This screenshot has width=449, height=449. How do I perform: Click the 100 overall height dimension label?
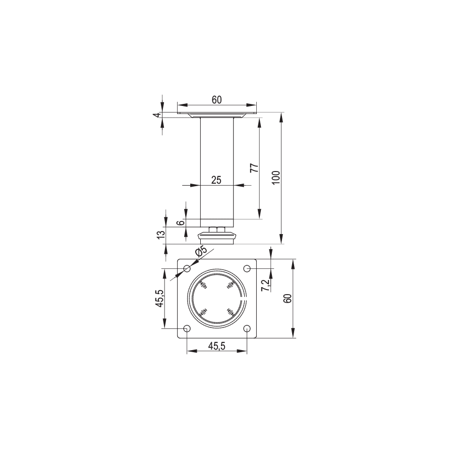(x=276, y=178)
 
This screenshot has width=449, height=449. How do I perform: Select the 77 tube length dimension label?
(x=254, y=168)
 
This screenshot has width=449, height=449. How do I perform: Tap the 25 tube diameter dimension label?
(x=216, y=180)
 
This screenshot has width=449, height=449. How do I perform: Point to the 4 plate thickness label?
(x=156, y=115)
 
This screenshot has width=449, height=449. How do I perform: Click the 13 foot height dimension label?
(x=161, y=234)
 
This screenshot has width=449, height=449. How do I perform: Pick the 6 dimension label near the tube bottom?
(x=181, y=222)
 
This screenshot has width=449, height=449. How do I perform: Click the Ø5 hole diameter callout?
(x=201, y=251)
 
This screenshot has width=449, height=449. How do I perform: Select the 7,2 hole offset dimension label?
(x=266, y=285)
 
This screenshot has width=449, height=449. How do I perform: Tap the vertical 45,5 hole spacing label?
(x=159, y=298)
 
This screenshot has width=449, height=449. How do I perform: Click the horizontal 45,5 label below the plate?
(x=217, y=346)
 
